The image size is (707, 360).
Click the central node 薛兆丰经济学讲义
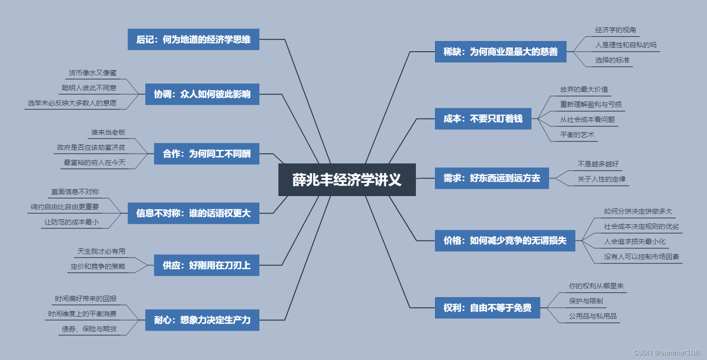point(347,180)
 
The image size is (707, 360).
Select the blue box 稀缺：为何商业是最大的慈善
point(501,52)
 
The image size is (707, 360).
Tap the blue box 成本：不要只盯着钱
point(483,119)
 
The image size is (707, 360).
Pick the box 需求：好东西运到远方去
point(491,178)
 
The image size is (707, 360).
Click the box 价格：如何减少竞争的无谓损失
point(505,240)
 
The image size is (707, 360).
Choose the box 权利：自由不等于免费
point(487,308)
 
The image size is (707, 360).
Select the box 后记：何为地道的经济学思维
point(193,40)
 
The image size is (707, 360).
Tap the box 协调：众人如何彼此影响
point(202,94)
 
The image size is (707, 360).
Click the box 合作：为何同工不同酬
point(206,154)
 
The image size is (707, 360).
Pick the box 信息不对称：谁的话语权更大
point(193,213)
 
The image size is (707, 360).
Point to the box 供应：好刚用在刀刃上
point(206,265)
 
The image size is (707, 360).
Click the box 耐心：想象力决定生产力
point(202,320)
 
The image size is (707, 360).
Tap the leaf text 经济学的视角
point(615,30)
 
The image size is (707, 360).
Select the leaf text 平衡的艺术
point(577,135)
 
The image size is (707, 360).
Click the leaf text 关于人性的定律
point(601,179)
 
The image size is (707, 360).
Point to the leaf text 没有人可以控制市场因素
point(641,256)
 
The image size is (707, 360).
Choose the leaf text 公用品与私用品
point(592,316)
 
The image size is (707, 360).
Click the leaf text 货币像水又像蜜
point(92,73)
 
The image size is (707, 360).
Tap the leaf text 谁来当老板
point(108,132)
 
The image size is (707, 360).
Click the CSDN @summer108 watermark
point(666,352)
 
